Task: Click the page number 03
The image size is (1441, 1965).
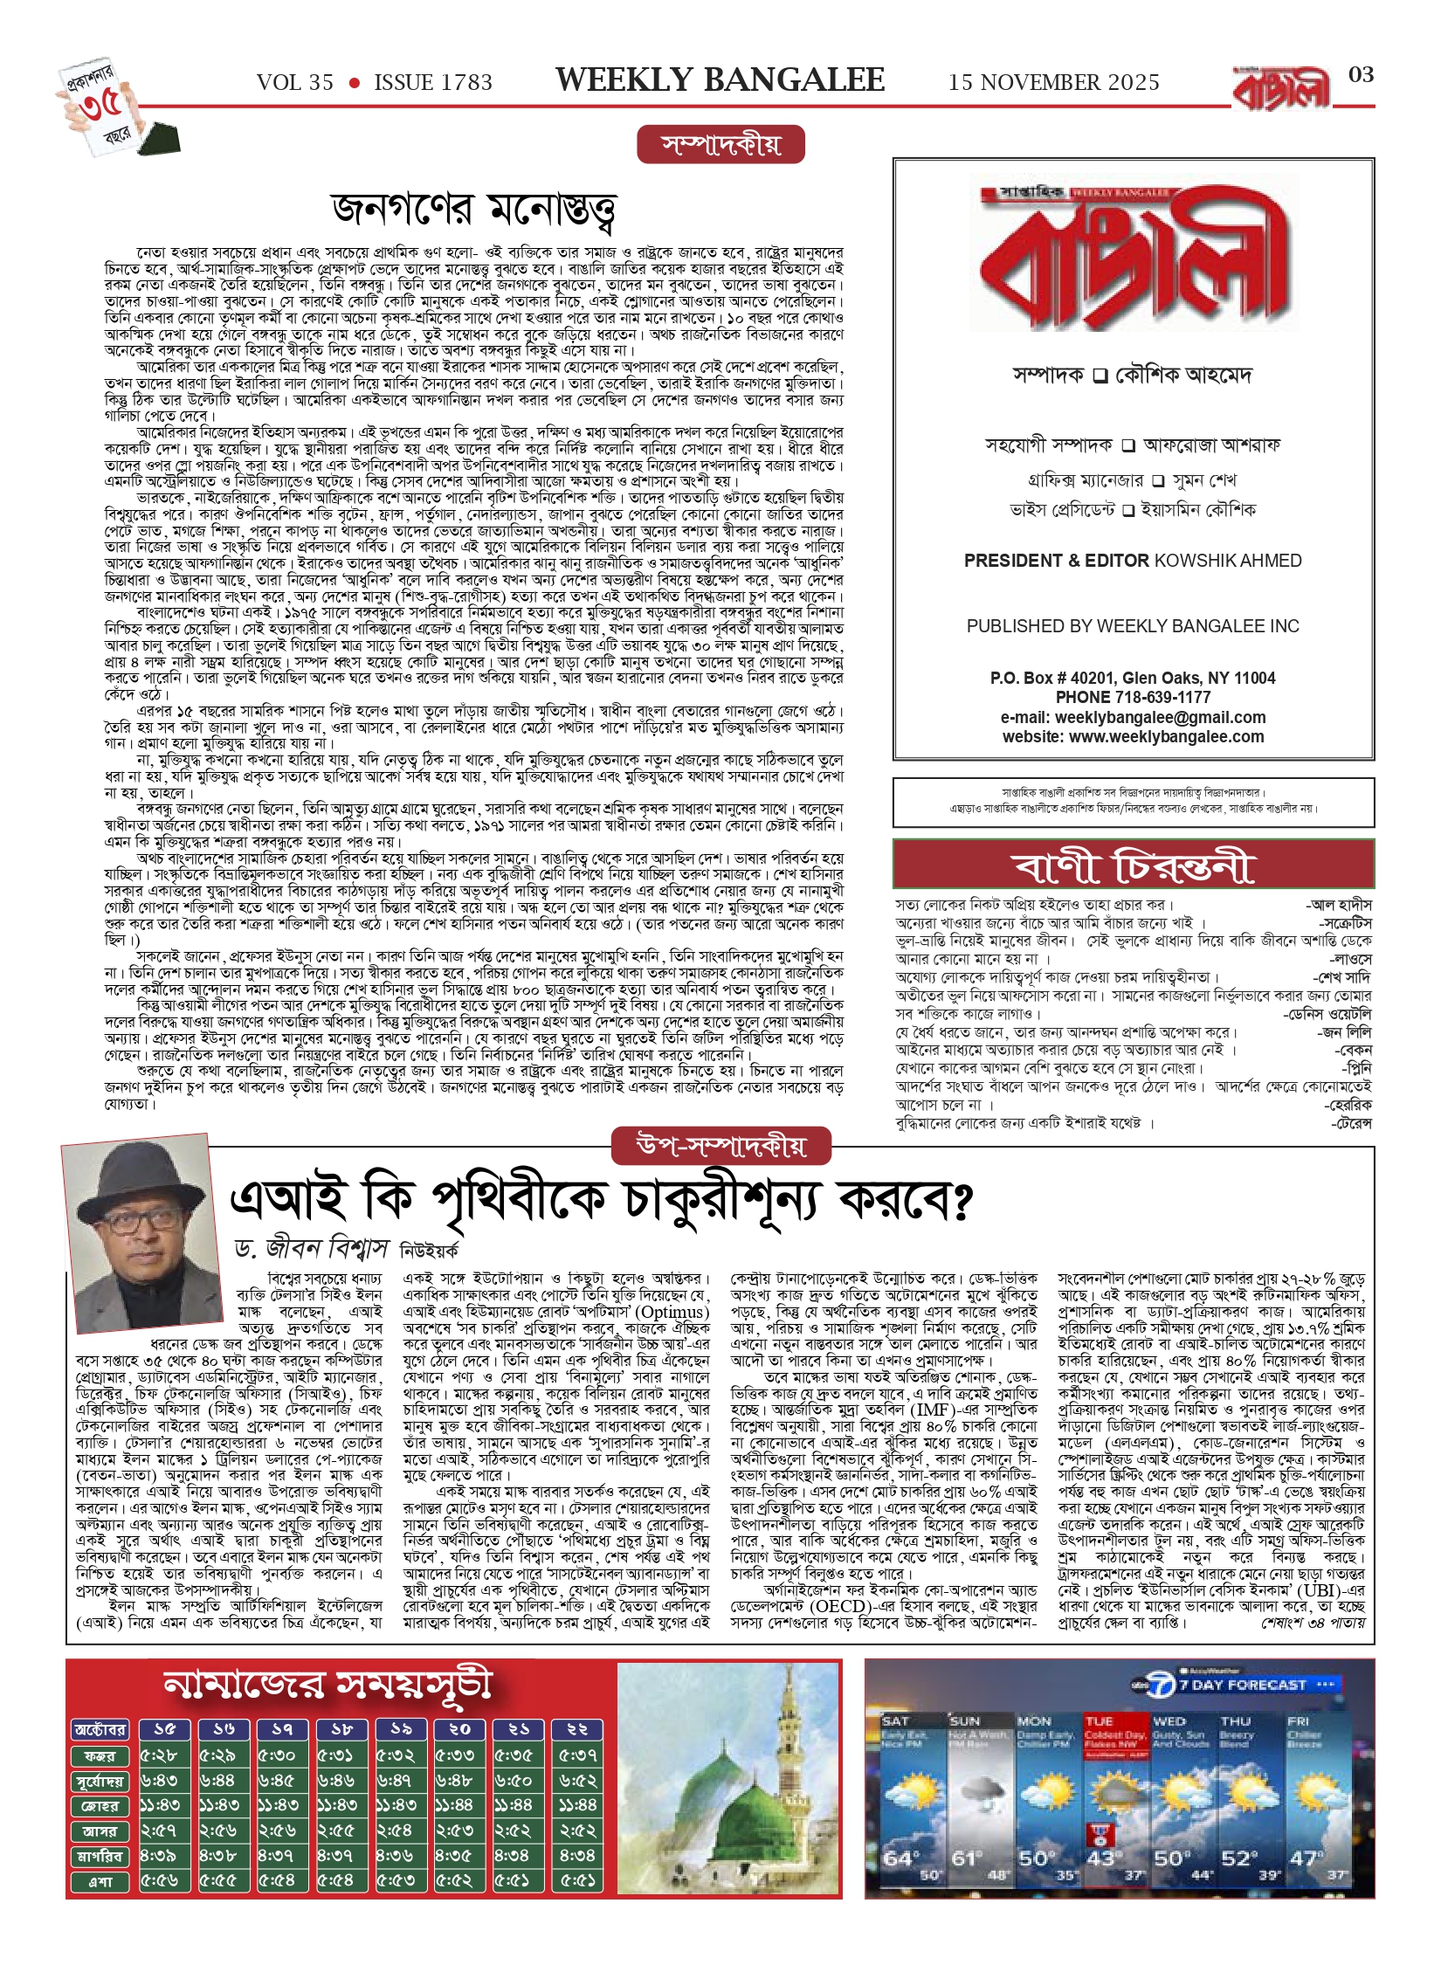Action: pos(1361,75)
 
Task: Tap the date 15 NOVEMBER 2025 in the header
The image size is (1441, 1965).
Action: pos(1053,83)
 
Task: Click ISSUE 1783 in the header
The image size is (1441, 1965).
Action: pos(433,83)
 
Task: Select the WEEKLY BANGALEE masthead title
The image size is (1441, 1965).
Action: pos(720,80)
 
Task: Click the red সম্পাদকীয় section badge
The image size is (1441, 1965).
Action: pos(720,145)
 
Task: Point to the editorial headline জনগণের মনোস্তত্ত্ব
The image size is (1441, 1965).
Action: pos(474,210)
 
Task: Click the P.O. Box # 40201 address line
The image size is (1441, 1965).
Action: pos(1132,679)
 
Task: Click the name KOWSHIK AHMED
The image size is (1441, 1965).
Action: pos(1228,561)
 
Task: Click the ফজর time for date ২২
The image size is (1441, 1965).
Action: pos(577,1755)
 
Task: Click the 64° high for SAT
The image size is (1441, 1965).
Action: pos(900,1858)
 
